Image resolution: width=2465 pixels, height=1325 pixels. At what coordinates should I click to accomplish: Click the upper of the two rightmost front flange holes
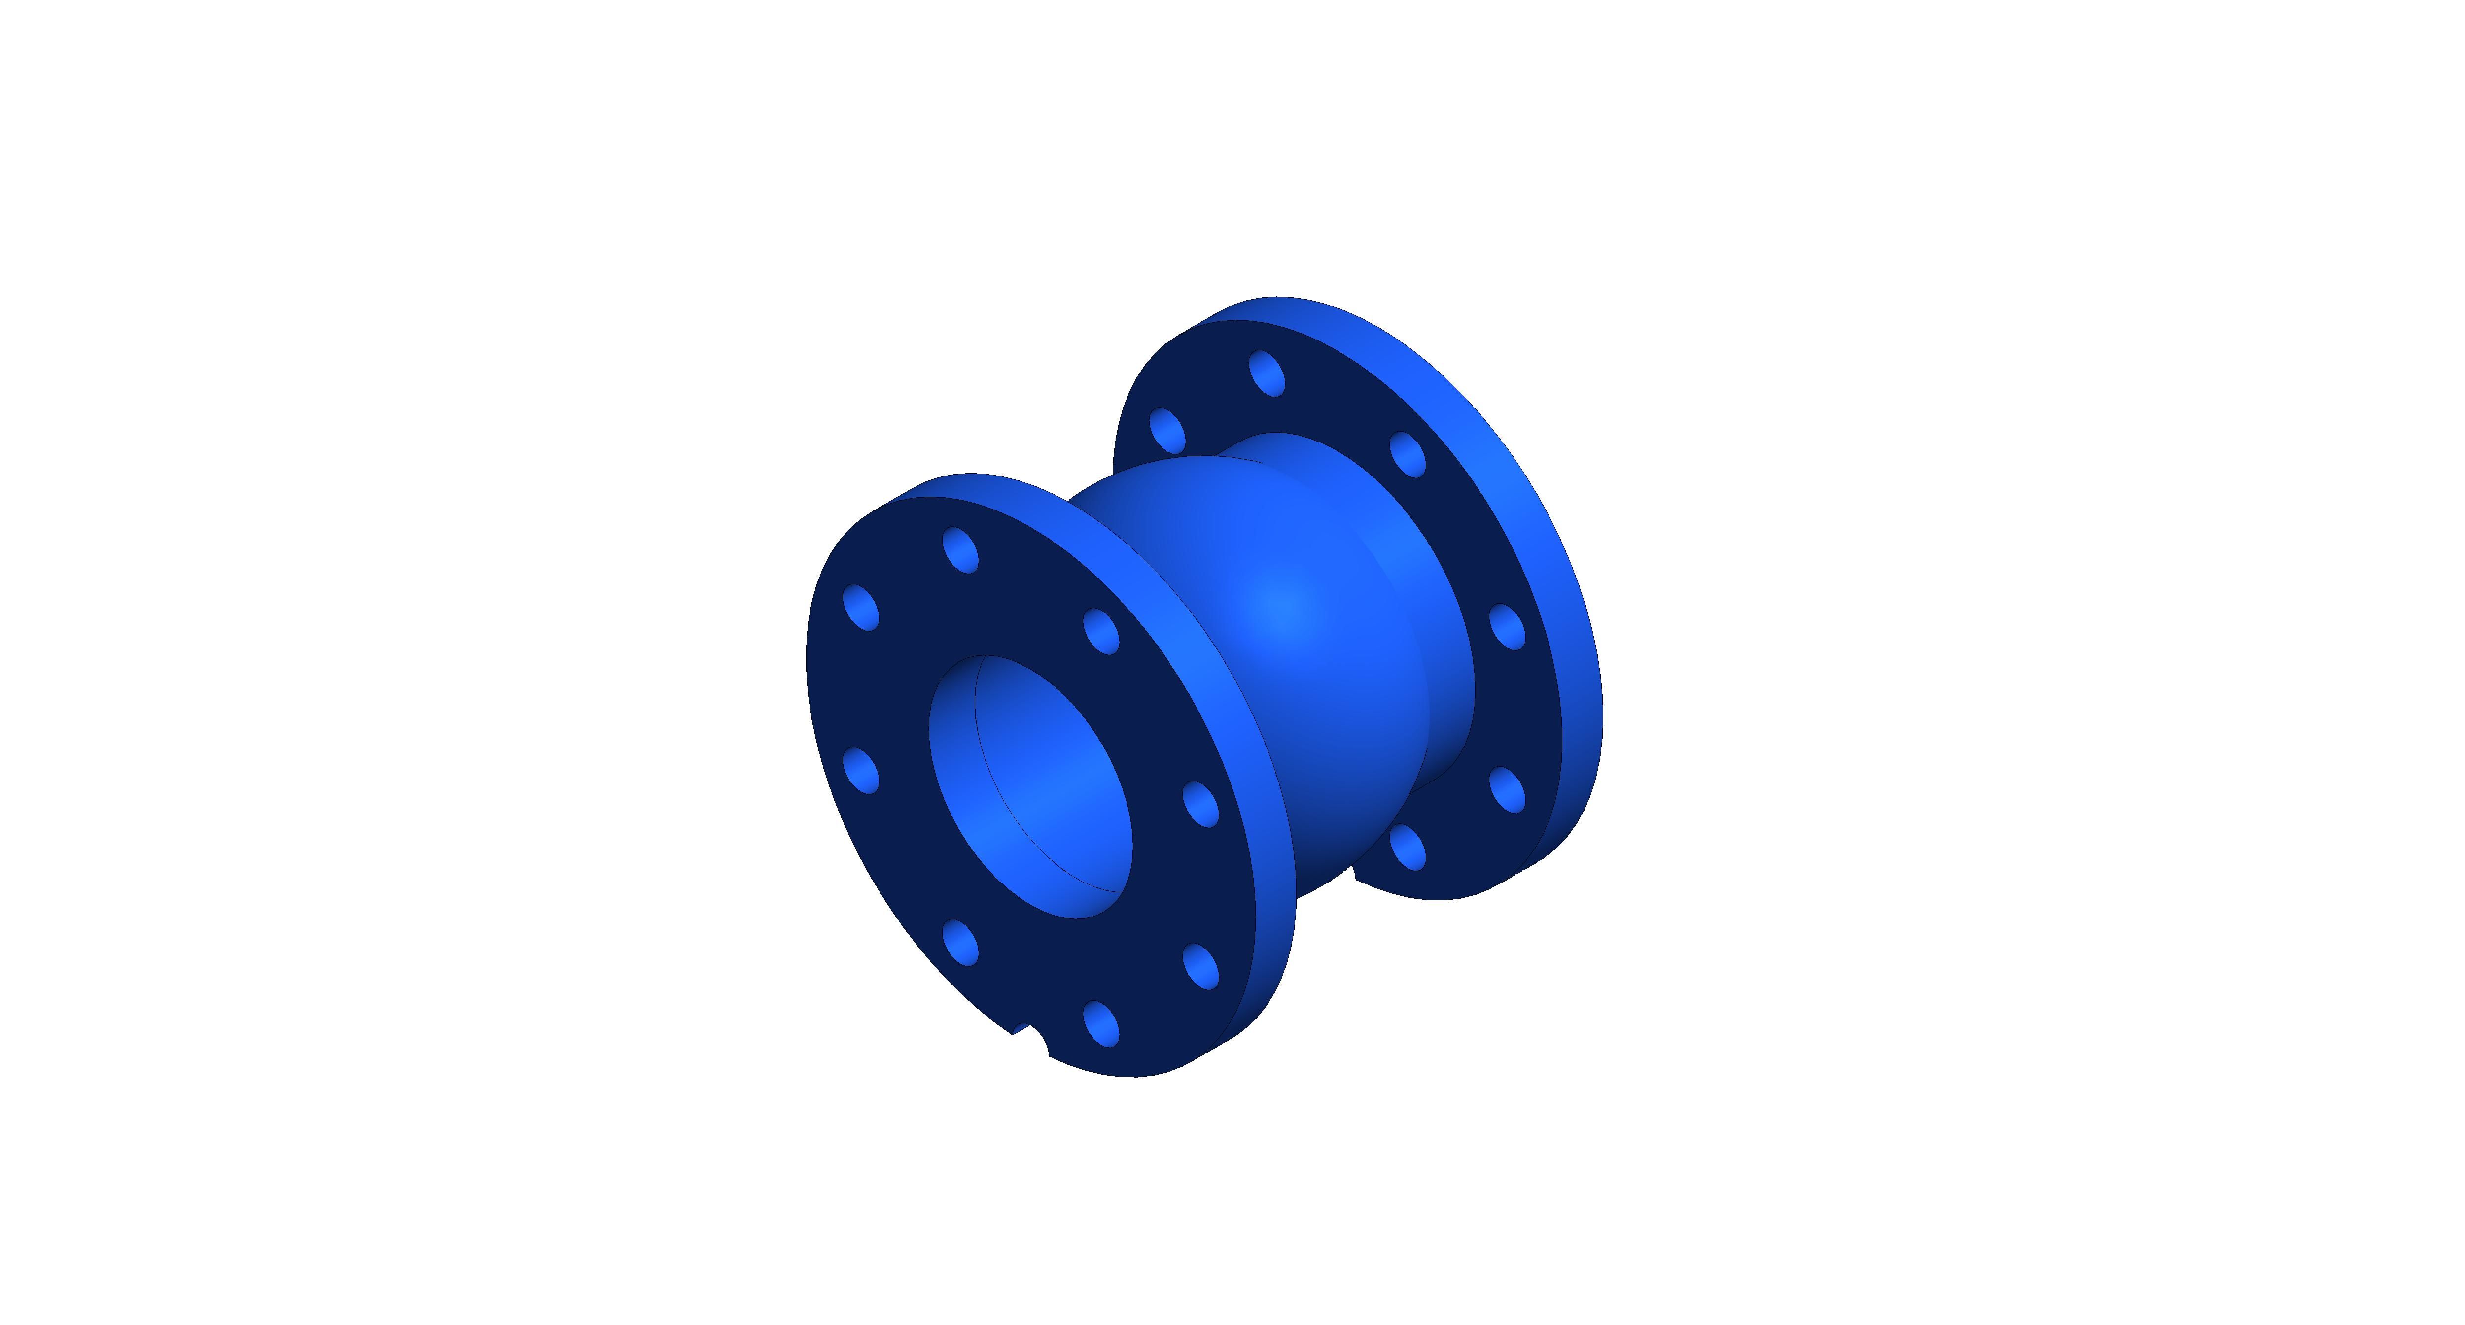click(1201, 804)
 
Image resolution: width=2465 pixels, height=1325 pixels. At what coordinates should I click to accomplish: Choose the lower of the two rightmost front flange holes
click(1201, 966)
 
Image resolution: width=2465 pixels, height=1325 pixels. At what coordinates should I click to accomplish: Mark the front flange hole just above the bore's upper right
click(1101, 631)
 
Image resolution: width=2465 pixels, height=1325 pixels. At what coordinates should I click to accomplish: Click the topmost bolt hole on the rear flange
click(1267, 373)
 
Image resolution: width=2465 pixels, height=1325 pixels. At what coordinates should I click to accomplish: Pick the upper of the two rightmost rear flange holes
click(1508, 627)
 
